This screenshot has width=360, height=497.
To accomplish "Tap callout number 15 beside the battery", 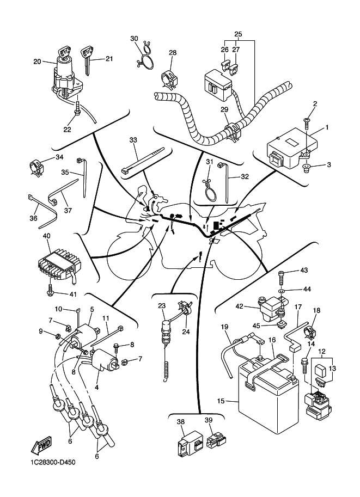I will pos(221,401).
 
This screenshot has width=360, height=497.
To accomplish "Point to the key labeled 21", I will pos(87,59).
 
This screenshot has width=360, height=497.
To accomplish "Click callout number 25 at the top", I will pos(238,34).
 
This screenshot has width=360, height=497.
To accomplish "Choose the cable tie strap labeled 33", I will pos(143,161).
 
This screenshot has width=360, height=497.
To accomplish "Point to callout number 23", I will pos(161,306).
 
